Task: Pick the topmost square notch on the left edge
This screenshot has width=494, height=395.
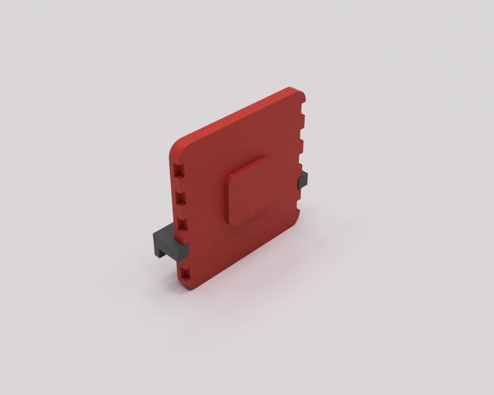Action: click(178, 169)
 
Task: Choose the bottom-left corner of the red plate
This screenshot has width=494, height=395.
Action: click(188, 285)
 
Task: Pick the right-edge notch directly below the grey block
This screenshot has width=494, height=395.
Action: click(302, 196)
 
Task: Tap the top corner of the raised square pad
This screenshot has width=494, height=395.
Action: click(262, 159)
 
